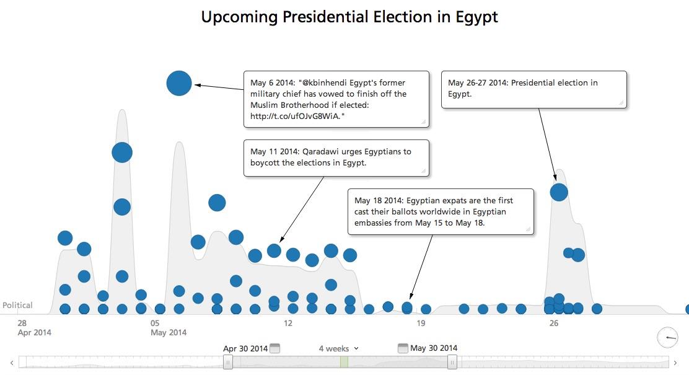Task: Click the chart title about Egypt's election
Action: pos(349,17)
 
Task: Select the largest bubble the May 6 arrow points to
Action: pos(179,83)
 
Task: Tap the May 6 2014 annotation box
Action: pos(336,99)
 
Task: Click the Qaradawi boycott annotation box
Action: pos(336,157)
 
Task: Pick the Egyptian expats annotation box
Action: pos(440,211)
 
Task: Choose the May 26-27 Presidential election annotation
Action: pos(533,89)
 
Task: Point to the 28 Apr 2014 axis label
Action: pos(34,328)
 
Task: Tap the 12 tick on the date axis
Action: pos(288,324)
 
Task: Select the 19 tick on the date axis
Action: pos(421,324)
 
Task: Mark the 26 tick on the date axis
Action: pos(554,324)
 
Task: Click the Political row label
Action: pos(17,306)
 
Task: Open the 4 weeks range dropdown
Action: pos(339,349)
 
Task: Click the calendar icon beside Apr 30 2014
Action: pos(275,348)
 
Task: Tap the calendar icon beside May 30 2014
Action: pos(403,348)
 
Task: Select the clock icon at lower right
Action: pos(667,338)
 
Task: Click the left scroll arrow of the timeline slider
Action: pos(12,363)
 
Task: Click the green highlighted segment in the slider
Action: pos(344,362)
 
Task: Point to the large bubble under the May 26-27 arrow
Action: pos(559,192)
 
